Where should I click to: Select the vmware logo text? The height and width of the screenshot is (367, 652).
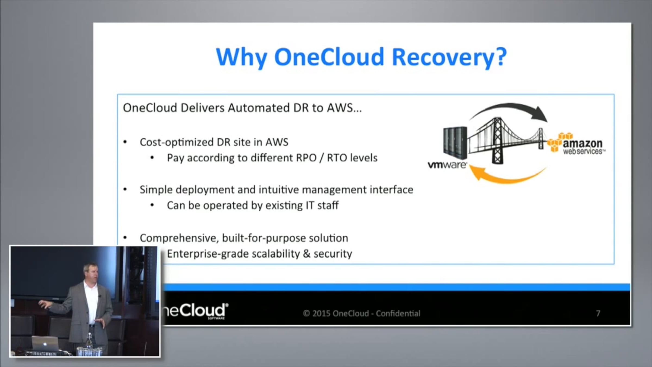click(x=447, y=165)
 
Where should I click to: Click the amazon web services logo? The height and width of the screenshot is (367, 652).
click(x=576, y=144)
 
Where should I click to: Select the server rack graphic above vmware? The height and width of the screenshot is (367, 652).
click(x=455, y=143)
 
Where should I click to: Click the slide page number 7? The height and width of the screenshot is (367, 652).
click(x=598, y=313)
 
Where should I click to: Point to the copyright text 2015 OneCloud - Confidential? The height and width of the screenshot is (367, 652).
click(x=362, y=313)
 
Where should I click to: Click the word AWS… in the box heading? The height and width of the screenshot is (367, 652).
click(x=344, y=108)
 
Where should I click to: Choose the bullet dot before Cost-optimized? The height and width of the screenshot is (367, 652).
click(x=125, y=142)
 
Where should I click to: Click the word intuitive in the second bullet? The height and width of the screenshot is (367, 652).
click(x=278, y=189)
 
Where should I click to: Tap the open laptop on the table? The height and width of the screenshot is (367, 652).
click(x=45, y=344)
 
